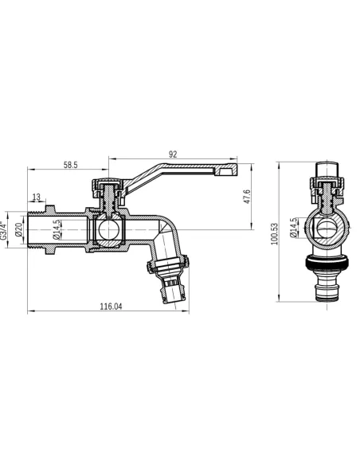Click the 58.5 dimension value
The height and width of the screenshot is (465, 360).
[70, 165]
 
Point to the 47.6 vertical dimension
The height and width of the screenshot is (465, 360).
[248, 196]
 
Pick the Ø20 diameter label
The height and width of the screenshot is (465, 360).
[18, 232]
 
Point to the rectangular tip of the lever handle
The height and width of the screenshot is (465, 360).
[228, 170]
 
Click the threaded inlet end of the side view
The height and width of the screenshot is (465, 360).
[38, 231]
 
